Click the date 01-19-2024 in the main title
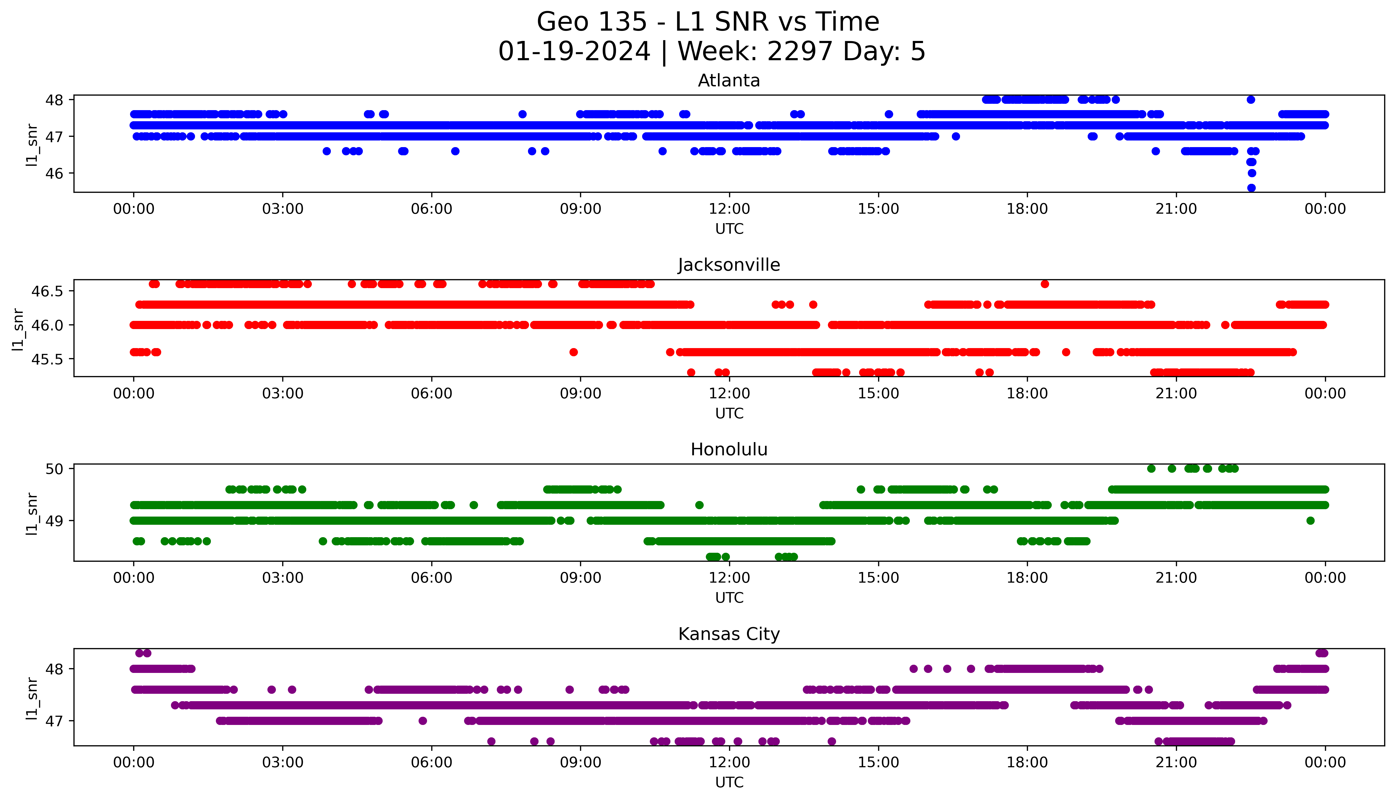(x=574, y=52)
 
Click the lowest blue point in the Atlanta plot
(x=1251, y=188)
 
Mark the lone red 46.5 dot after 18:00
(x=1044, y=284)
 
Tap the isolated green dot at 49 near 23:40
(x=1310, y=521)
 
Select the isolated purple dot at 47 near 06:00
(x=423, y=721)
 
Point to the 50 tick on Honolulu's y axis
(x=57, y=469)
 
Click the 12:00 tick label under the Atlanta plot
(x=729, y=209)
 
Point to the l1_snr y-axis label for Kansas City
(x=32, y=699)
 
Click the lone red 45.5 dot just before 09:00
(x=573, y=352)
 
